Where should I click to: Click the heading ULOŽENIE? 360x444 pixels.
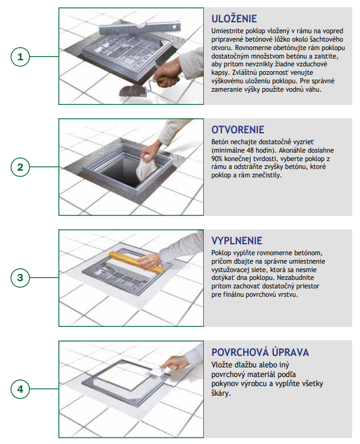point(234,19)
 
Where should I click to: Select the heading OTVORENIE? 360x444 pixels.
point(238,130)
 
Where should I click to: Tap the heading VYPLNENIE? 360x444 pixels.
point(237,241)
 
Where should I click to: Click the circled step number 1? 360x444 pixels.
point(20,57)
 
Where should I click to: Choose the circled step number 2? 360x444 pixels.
point(20,167)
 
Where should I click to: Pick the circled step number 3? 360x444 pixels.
point(20,277)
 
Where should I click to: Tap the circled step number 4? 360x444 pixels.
point(20,389)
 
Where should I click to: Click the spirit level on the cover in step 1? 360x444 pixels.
point(139,28)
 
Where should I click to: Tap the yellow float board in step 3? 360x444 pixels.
point(136,262)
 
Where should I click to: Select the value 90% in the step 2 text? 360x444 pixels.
point(217,158)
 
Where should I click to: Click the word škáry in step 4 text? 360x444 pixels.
point(221,393)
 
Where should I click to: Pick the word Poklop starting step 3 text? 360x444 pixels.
point(221,253)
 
